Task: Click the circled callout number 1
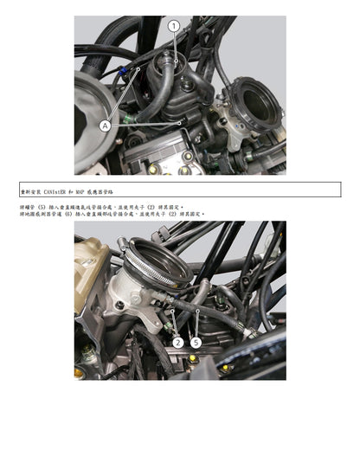174,27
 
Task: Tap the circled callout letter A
106,125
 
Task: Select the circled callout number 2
177,343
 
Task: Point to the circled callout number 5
196,343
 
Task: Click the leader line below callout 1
174,45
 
